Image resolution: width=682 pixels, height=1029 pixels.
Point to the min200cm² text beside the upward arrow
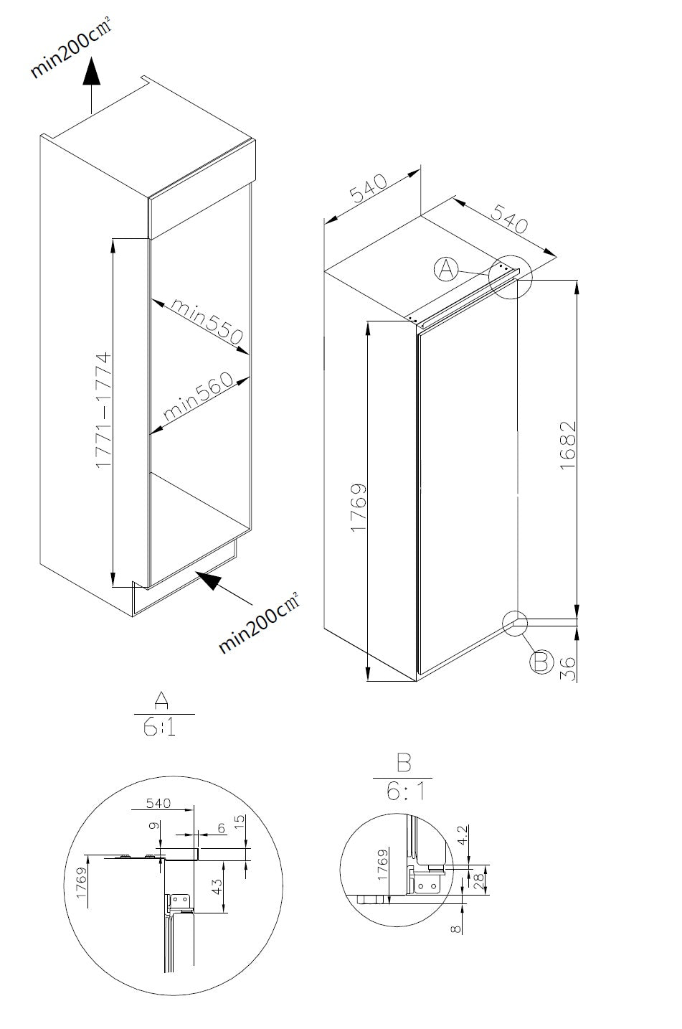coord(70,50)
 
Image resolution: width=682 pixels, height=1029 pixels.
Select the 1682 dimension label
coord(567,446)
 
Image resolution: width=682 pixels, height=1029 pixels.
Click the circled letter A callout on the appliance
coord(446,269)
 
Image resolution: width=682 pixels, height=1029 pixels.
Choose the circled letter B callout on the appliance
coord(541,661)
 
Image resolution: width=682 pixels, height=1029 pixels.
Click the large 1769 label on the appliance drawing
coord(359,507)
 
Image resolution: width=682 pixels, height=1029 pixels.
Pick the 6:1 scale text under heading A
coord(163,728)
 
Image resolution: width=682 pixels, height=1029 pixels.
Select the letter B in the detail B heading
coord(403,761)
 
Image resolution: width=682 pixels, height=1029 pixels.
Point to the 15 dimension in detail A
coord(239,819)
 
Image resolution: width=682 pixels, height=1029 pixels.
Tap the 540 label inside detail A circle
coord(158,803)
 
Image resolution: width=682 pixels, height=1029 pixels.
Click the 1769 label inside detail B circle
coord(382,865)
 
